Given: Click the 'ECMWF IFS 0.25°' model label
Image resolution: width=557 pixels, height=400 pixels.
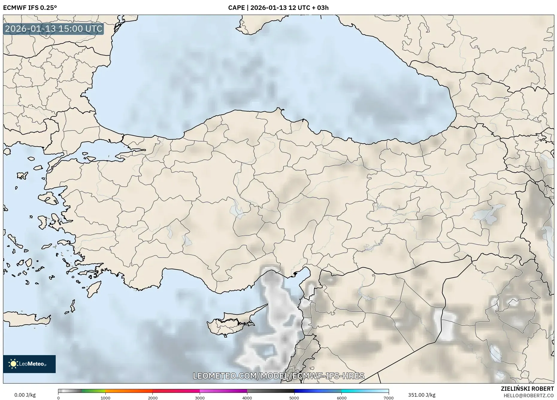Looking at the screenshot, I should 30,8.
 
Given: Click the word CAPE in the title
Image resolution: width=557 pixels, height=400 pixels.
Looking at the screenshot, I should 236,8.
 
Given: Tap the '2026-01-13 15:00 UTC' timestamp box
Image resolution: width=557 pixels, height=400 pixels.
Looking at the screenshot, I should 54,29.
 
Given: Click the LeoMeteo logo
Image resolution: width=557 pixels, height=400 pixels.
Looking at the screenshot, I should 29,364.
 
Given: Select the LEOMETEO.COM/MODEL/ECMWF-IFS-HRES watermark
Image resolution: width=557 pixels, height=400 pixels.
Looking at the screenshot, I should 278,376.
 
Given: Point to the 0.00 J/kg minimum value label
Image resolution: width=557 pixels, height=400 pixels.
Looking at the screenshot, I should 25,395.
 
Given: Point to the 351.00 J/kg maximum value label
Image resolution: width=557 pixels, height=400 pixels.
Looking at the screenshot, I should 422,395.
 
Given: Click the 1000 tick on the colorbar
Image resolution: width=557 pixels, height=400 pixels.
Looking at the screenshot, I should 105,398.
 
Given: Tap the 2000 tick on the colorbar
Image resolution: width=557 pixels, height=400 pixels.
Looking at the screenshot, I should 153,398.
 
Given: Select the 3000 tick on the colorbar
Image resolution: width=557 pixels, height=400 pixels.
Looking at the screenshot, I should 200,398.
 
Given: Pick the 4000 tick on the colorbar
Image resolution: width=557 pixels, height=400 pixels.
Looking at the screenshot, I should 247,398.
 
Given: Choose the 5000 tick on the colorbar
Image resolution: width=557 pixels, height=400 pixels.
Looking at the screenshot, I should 294,398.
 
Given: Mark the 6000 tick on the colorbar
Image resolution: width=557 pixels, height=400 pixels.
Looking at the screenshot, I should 341,398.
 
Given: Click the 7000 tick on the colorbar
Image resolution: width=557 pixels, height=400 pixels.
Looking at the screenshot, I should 388,398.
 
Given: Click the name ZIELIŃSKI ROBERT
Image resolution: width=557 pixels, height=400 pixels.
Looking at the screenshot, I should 527,389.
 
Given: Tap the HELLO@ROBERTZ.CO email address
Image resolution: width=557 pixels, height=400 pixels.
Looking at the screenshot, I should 529,396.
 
